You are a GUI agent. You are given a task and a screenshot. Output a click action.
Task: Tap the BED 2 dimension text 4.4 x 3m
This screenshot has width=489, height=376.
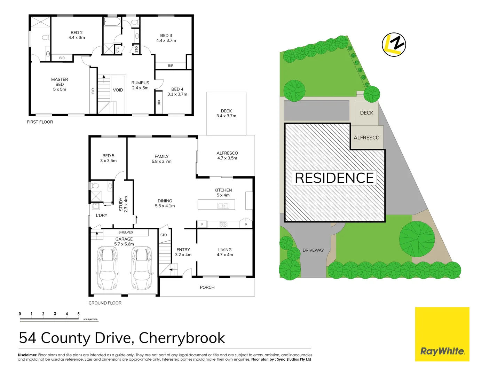[77, 38]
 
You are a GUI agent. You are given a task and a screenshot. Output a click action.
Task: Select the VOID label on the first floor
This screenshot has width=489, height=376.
[118, 90]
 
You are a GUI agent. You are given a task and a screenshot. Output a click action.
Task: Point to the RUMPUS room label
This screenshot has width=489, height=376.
[140, 83]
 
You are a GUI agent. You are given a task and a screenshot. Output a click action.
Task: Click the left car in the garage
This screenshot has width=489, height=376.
[107, 268]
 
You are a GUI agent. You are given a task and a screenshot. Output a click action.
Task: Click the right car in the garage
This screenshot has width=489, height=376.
[142, 268]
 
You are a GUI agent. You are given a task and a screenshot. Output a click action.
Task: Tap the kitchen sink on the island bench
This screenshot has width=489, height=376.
[223, 206]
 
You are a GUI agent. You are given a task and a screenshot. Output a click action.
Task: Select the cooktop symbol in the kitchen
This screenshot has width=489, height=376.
[223, 225]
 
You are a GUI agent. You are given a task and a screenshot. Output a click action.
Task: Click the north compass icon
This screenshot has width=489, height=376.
[394, 45]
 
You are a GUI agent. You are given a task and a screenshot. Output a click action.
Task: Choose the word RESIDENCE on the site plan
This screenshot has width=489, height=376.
[334, 178]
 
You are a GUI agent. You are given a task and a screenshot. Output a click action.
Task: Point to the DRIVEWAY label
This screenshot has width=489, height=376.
[313, 250]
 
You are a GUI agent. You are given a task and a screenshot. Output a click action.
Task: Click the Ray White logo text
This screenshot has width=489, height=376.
[442, 351]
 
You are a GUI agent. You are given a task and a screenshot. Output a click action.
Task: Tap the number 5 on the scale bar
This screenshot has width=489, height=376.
[79, 314]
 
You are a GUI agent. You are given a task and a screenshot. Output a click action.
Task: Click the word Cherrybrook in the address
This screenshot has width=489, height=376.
[182, 338]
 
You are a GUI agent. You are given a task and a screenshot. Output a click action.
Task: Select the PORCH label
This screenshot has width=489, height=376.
[207, 287]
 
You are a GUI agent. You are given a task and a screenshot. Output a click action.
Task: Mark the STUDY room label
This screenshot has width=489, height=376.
[121, 204]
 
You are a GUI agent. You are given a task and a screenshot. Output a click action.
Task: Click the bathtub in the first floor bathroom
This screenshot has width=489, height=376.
[112, 22]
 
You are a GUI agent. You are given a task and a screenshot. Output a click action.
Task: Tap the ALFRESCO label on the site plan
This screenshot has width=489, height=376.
[366, 138]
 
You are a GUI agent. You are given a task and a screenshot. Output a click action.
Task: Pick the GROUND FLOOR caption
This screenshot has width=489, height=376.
[105, 303]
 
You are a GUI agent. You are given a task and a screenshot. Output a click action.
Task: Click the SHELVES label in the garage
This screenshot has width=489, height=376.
[126, 232]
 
